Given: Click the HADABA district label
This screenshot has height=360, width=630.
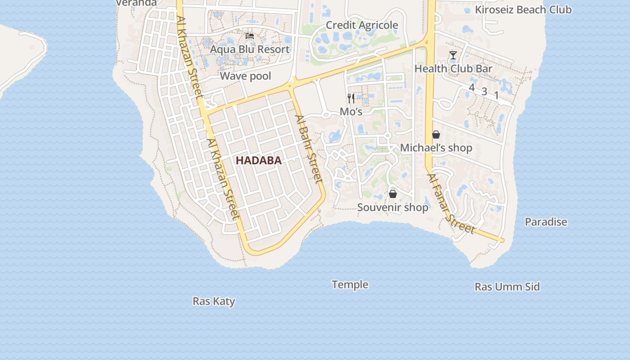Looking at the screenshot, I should pyautogui.click(x=259, y=160).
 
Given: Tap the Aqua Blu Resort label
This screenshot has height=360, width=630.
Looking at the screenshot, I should pyautogui.click(x=250, y=49).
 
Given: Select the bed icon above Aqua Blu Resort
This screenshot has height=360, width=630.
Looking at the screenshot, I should pyautogui.click(x=250, y=36).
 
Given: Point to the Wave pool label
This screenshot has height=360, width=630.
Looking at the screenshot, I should pyautogui.click(x=245, y=76).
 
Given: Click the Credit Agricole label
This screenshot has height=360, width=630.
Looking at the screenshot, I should pyautogui.click(x=362, y=25).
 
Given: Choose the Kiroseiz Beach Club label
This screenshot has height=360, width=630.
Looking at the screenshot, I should pyautogui.click(x=523, y=9).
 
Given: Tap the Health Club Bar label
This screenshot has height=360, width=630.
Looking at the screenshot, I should pyautogui.click(x=453, y=69).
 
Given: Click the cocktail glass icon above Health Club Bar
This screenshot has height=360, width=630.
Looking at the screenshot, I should pyautogui.click(x=453, y=55).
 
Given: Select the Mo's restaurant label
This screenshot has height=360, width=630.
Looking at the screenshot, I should pyautogui.click(x=351, y=112).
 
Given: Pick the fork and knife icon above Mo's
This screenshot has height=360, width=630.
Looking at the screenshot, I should pyautogui.click(x=351, y=98).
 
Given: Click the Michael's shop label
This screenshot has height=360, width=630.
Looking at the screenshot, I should pyautogui.click(x=436, y=148).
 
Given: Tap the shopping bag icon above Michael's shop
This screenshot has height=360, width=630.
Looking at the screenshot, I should pyautogui.click(x=436, y=135).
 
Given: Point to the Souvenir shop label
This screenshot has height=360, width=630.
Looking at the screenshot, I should pyautogui.click(x=393, y=207).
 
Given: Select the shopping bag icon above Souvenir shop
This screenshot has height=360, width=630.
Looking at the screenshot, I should pyautogui.click(x=393, y=194).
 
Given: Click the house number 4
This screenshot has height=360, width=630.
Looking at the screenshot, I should pyautogui.click(x=472, y=87).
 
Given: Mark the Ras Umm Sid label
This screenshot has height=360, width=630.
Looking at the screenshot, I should pyautogui.click(x=507, y=287).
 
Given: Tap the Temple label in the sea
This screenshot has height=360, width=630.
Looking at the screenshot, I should pyautogui.click(x=350, y=284).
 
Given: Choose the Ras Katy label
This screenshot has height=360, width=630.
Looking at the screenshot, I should pyautogui.click(x=214, y=301).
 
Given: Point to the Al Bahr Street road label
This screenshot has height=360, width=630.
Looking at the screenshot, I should pyautogui.click(x=309, y=149).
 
